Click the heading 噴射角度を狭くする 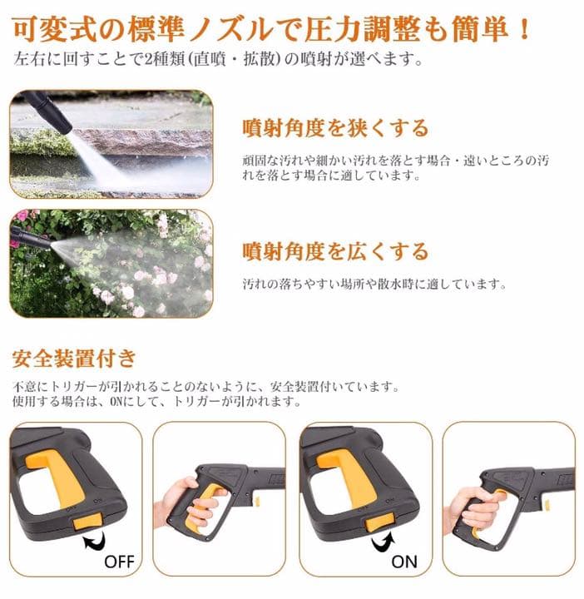point(334,128)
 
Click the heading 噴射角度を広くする point(334,250)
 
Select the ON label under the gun point(404,561)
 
